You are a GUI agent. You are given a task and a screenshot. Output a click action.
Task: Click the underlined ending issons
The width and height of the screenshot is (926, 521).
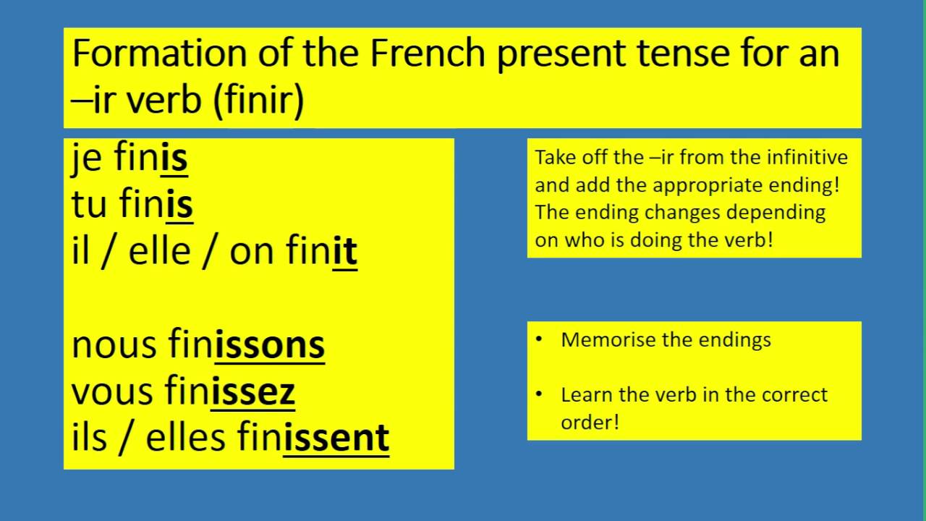tap(270, 344)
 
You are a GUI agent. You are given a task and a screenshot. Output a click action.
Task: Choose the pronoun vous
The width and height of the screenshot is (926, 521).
tap(113, 391)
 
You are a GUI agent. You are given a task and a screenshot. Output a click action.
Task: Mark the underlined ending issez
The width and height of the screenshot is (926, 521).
tap(253, 391)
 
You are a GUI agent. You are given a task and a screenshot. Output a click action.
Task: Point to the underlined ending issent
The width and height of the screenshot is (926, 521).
tap(336, 437)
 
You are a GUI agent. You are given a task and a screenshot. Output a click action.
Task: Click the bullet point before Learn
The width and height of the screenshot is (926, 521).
tap(539, 394)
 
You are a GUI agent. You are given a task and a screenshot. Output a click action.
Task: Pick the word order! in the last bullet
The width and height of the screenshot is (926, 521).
tap(590, 422)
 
